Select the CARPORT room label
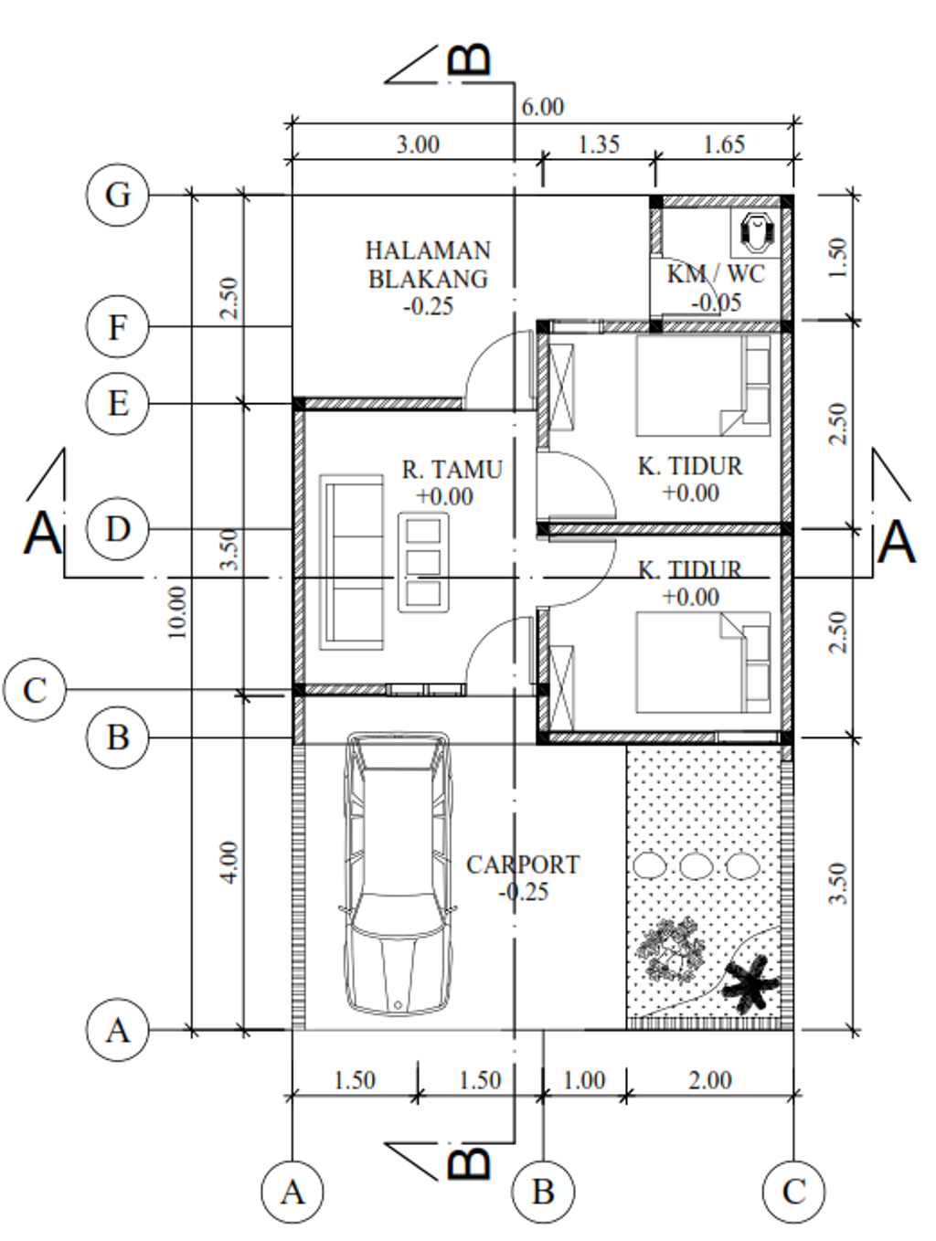(x=522, y=864)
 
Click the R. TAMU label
(x=452, y=470)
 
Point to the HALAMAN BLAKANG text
(x=428, y=264)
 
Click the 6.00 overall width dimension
(x=542, y=107)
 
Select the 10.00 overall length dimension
(x=177, y=612)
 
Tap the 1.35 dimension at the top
(x=599, y=144)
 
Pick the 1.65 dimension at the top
(x=724, y=144)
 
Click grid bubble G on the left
(x=117, y=195)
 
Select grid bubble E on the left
(x=117, y=403)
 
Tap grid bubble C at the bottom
(x=792, y=1192)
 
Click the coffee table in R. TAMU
(x=423, y=562)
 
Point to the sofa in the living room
(x=351, y=562)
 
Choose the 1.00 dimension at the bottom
(x=584, y=1080)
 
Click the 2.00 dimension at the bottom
(x=710, y=1080)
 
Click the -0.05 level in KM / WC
(x=716, y=303)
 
